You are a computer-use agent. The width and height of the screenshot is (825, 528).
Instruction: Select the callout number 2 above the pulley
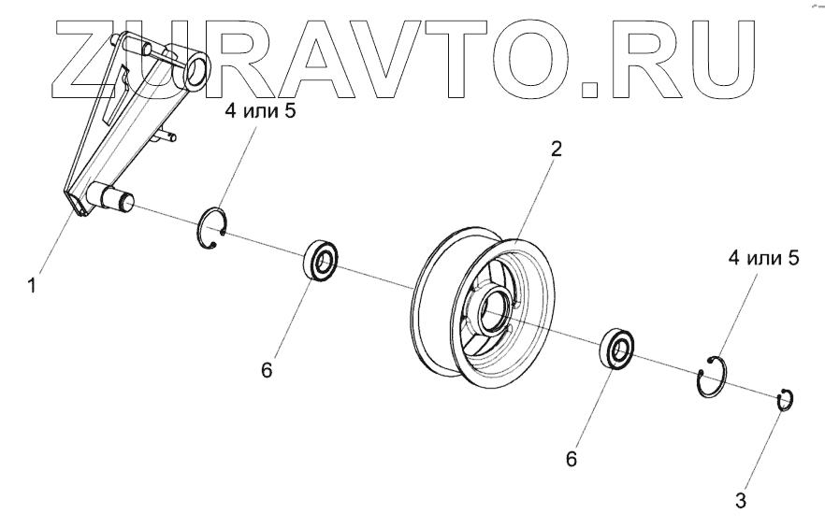pos(557,149)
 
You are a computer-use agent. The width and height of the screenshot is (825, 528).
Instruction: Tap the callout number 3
pos(741,500)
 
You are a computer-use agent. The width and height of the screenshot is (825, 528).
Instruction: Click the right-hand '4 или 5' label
pos(760,258)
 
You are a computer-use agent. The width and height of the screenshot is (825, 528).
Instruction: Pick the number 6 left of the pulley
pos(267,370)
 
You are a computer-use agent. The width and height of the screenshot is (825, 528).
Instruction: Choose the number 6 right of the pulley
pos(572,460)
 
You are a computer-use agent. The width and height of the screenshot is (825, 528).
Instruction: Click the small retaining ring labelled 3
pos(786,400)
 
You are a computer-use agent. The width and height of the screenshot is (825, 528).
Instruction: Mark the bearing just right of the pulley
pos(617,349)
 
